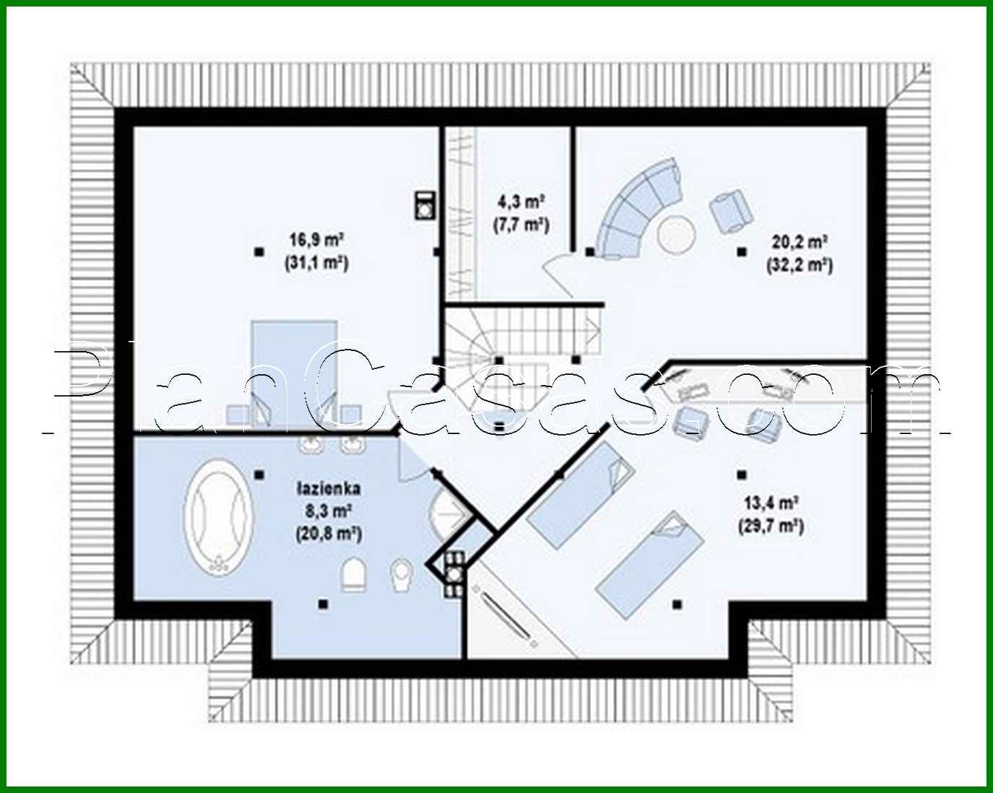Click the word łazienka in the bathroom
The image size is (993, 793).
(x=328, y=489)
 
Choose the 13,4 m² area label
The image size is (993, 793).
(x=771, y=503)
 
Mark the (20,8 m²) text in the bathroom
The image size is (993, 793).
(x=329, y=534)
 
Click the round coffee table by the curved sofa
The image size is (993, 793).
(x=677, y=234)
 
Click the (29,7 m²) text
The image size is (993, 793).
(x=771, y=526)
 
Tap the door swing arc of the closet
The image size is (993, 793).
(x=557, y=277)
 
